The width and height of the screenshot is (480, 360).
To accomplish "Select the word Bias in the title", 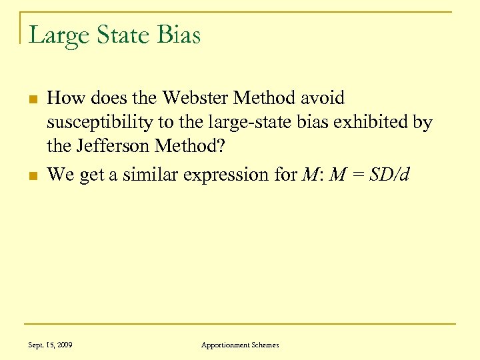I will coord(179,35).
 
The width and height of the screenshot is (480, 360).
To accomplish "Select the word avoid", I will coord(322,99).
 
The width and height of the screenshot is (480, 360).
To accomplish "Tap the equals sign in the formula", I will coord(358,176).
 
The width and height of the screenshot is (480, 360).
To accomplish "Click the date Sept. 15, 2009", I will coord(51,345).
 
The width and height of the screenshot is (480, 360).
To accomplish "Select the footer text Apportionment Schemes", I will coord(240,345).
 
